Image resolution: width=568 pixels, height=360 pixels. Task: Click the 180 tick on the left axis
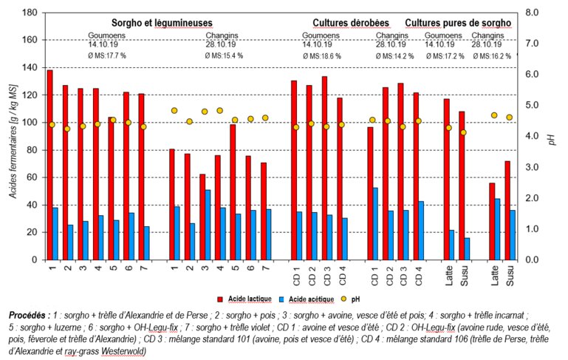(x=31, y=13)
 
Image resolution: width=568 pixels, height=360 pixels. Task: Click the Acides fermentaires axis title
(x=12, y=136)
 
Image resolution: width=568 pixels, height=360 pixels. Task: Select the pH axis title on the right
(x=551, y=137)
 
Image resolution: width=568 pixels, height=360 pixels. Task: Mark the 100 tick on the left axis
(x=31, y=123)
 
